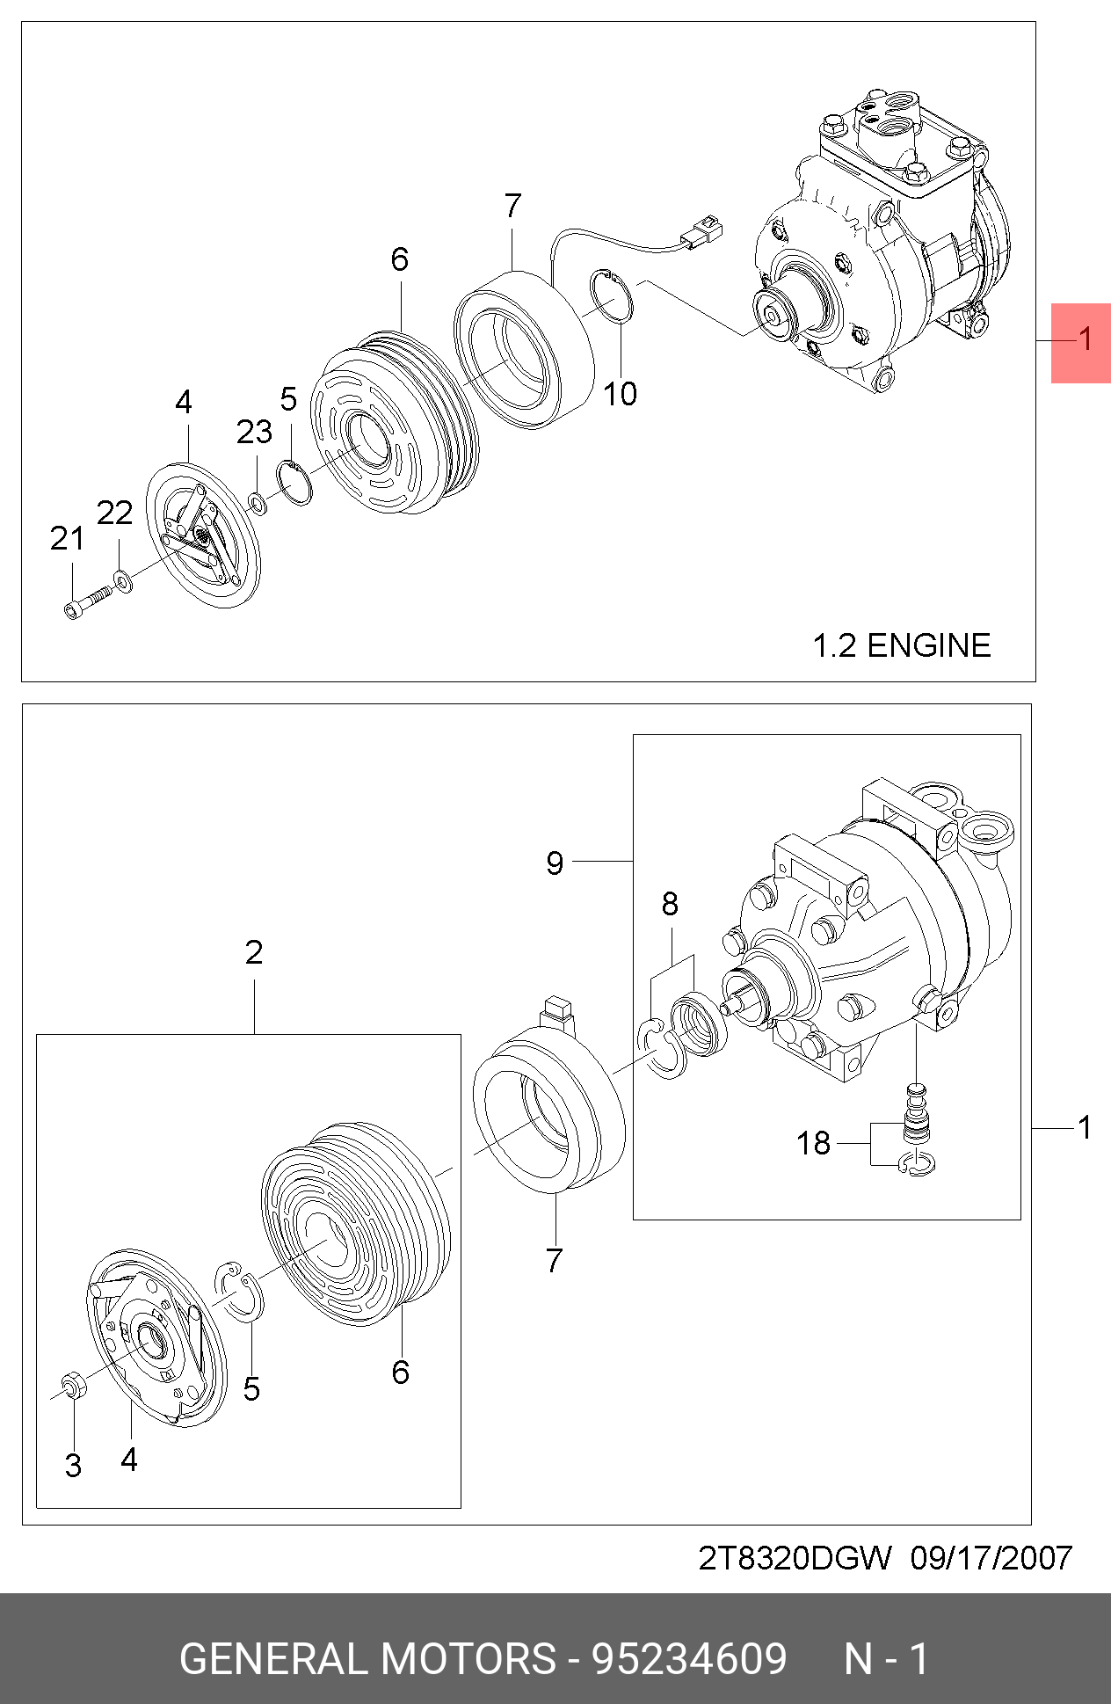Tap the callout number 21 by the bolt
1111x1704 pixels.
68,538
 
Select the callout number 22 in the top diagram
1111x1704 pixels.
114,513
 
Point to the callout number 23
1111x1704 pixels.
254,432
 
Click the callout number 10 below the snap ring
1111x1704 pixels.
620,393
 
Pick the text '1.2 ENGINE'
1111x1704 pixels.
901,645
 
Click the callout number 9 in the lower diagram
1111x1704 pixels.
554,863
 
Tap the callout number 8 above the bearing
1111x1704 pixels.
670,903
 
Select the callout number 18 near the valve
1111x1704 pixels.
813,1143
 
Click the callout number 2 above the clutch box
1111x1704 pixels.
254,951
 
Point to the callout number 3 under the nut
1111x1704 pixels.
74,1466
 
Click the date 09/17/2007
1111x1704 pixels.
991,1558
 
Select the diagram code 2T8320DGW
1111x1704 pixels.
795,1558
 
